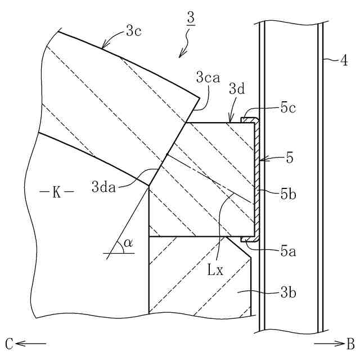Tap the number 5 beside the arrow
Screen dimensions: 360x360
coord(289,159)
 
